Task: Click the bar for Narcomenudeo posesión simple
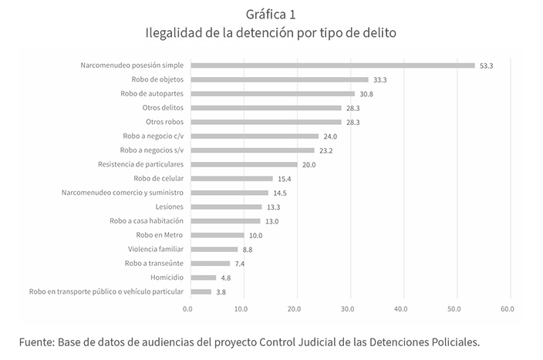coord(332,66)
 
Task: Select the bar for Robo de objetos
coord(279,79)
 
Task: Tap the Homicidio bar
coord(203,278)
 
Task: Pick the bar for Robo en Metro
coord(217,235)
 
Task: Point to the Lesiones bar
coord(226,207)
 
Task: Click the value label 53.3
coord(486,66)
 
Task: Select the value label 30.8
coord(366,94)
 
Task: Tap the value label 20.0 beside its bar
coord(309,165)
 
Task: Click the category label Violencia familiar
coord(156,249)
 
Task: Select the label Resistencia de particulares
coord(140,164)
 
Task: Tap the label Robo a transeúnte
coord(154,264)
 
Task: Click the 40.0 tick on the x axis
coord(400,310)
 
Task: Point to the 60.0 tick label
coord(507,310)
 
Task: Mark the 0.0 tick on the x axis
coord(187,310)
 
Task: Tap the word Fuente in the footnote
coord(35,340)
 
